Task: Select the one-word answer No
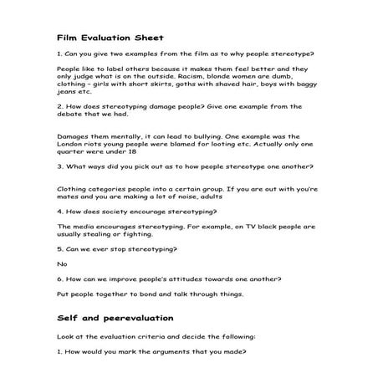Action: point(62,263)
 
